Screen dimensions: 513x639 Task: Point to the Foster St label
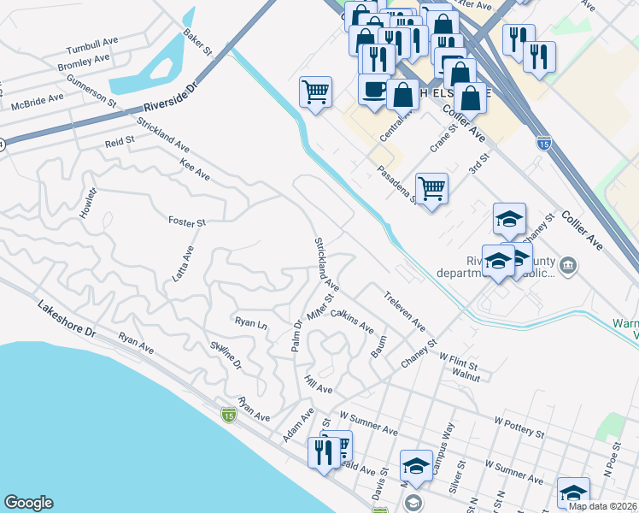[x=187, y=221]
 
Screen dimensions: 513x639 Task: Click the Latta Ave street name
[x=189, y=255]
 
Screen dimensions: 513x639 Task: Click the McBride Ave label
[x=38, y=98]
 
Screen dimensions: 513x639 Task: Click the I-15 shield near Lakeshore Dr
[x=228, y=415]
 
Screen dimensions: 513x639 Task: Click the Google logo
[x=28, y=503]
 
